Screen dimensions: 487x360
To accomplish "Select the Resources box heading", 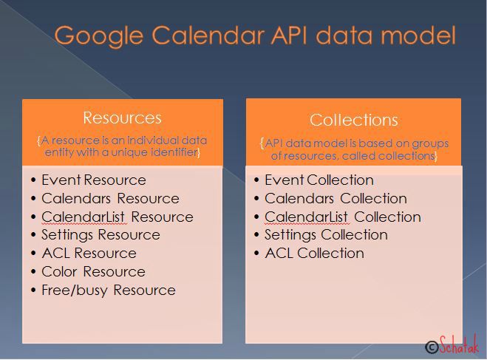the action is [x=123, y=118].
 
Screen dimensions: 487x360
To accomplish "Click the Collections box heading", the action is [x=354, y=120].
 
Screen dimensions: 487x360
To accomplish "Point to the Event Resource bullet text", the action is [x=94, y=180].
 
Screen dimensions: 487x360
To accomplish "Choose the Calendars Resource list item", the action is [x=111, y=199].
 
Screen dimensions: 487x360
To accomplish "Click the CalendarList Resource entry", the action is [x=118, y=217].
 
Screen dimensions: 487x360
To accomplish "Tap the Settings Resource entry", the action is [x=101, y=235].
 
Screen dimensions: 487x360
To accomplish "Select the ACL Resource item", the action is [x=89, y=253].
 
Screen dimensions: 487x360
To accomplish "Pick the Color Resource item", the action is [x=94, y=272].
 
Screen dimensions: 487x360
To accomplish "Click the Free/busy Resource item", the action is [x=109, y=291].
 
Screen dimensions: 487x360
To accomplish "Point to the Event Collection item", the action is [x=319, y=180].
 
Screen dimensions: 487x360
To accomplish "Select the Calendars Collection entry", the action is [x=336, y=199].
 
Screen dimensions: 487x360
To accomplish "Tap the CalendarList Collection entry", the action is [x=343, y=217].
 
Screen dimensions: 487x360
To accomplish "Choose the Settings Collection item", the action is [x=326, y=235].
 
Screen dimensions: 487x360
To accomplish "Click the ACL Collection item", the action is [x=314, y=253].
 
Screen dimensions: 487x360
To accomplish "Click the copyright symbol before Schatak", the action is [x=432, y=347].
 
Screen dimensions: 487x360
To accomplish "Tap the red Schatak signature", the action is [x=459, y=344].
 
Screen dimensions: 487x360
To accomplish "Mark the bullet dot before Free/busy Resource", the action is [x=33, y=291].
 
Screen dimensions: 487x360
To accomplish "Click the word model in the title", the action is [x=418, y=35].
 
